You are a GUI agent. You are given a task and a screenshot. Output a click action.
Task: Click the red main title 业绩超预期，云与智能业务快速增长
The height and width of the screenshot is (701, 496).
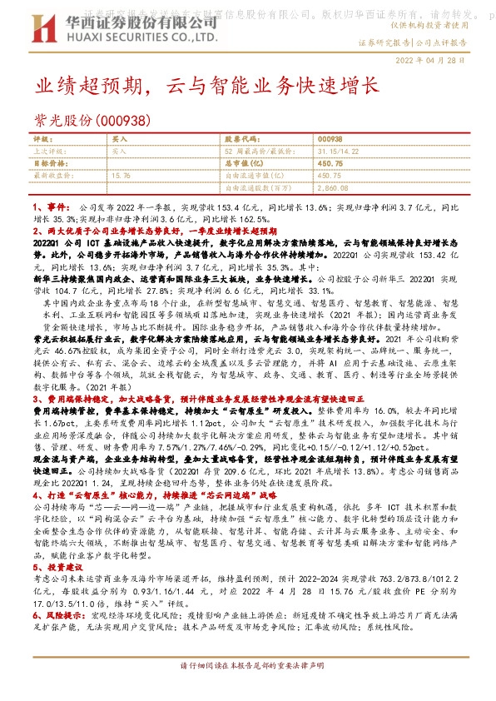(x=206, y=86)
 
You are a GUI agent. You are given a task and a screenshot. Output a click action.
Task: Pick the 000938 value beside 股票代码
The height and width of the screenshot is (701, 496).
(x=331, y=141)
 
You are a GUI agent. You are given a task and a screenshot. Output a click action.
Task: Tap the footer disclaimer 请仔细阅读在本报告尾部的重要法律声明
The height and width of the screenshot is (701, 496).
(x=247, y=669)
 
